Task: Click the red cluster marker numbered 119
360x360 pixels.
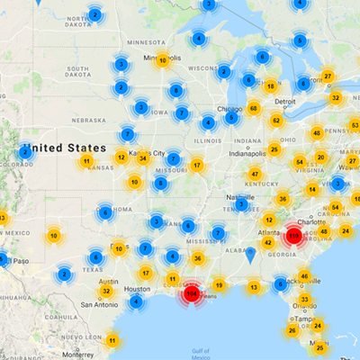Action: (x=293, y=235)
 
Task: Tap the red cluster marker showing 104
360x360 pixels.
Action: (x=191, y=293)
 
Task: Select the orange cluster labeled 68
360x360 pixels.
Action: (x=254, y=109)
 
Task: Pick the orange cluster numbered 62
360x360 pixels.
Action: (x=276, y=121)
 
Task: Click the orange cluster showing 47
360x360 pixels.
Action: (x=255, y=175)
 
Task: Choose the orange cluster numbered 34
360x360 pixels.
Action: (x=142, y=158)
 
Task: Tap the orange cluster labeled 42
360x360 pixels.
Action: (x=267, y=242)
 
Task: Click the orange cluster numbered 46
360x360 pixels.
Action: (x=304, y=277)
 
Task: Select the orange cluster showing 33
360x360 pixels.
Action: (x=305, y=300)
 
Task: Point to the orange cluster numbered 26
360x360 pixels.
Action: (x=292, y=329)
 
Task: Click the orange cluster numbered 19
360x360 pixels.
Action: (x=218, y=285)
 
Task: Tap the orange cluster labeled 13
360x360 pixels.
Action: (x=254, y=288)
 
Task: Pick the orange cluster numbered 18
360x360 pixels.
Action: (x=270, y=86)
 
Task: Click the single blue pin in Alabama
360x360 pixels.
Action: (x=249, y=255)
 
